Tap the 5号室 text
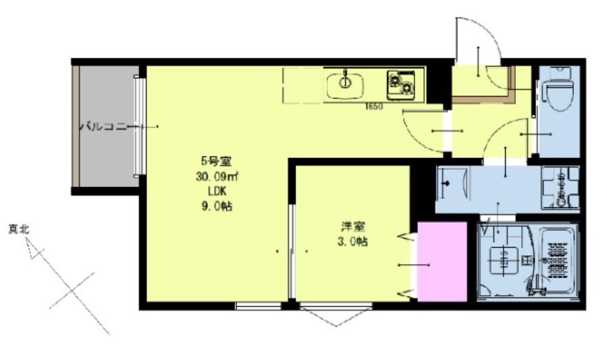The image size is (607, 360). click(x=216, y=161)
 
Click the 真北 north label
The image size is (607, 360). click(x=18, y=230)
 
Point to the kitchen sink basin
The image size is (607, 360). click(x=345, y=85)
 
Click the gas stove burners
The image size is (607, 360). click(x=403, y=84)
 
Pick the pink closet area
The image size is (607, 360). click(x=442, y=261)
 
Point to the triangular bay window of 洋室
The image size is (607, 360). click(x=336, y=317)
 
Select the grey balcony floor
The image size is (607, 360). click(x=108, y=155)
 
